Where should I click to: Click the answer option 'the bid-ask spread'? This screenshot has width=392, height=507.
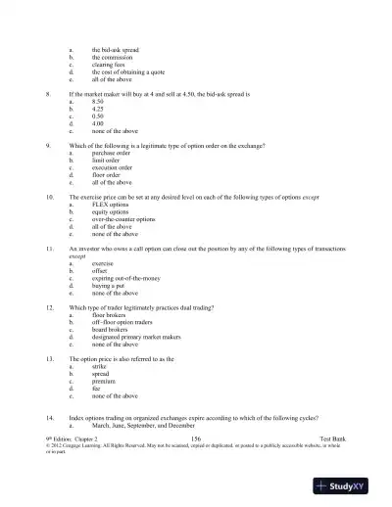tap(116, 49)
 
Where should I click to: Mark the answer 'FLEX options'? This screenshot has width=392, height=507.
tap(111, 205)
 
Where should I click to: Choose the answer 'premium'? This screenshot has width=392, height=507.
tap(105, 382)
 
